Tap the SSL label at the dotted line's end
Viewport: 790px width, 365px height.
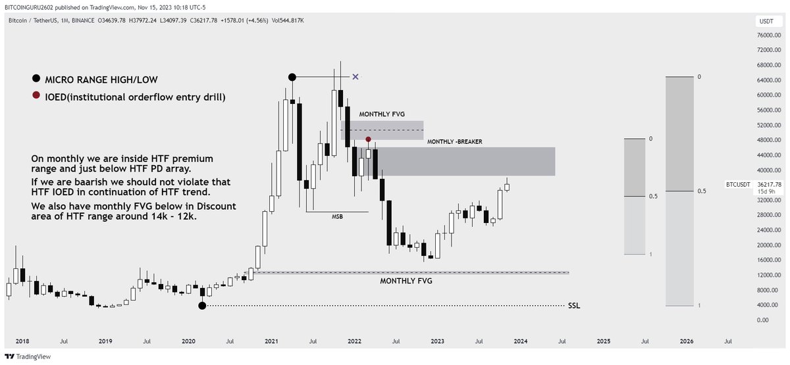(x=574, y=306)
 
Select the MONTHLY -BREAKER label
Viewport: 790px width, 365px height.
(x=454, y=142)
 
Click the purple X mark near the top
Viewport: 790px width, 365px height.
(x=355, y=77)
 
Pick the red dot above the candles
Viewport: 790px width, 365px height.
(x=369, y=139)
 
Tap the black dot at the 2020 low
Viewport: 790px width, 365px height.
(x=202, y=306)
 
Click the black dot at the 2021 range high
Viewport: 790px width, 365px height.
(x=293, y=77)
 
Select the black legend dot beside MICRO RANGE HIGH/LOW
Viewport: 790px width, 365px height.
(x=34, y=81)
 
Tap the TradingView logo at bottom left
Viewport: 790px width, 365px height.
(x=23, y=357)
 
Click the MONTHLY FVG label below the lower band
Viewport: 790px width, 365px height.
(x=406, y=281)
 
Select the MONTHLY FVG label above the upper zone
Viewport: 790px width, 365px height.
(x=381, y=114)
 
